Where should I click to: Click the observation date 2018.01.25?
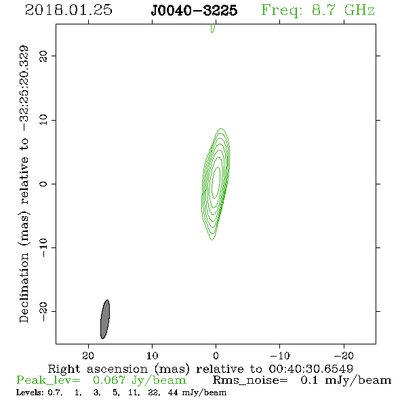coord(68,10)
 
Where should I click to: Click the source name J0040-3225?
coord(194,10)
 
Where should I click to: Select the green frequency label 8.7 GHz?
coord(343,10)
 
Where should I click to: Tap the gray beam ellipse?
coord(105,319)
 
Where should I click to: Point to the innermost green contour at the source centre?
coord(216,182)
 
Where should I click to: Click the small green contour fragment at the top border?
coord(213,28)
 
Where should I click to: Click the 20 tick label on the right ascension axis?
coord(88,356)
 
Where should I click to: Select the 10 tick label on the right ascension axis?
coord(152,356)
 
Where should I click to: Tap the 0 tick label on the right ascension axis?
coord(216,356)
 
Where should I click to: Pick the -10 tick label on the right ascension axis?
coord(280,356)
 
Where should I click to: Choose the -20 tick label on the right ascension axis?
coord(344,356)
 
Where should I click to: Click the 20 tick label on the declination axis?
coord(43,56)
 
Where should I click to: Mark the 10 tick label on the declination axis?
coord(43,120)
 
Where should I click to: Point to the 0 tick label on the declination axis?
coord(43,184)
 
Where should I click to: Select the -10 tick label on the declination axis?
coord(43,247)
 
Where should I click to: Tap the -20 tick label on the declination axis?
coord(43,312)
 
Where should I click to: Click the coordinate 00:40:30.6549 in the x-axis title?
coord(311,369)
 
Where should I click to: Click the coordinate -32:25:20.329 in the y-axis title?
coord(24,88)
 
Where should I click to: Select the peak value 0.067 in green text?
coord(109,380)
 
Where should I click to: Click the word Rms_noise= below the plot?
coord(250,380)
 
